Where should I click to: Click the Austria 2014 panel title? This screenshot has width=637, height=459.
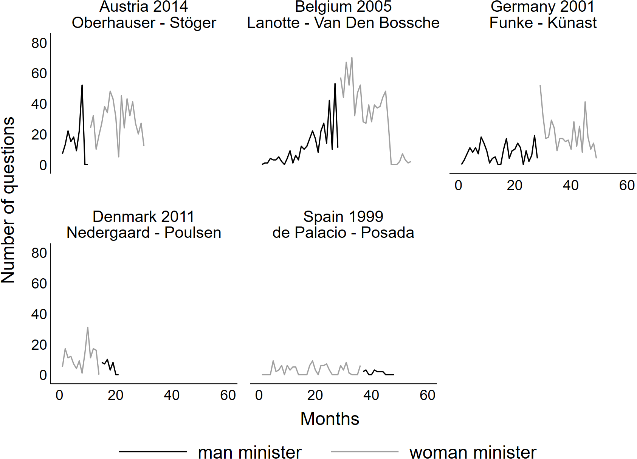[144, 7]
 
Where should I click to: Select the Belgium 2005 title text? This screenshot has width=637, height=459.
[343, 7]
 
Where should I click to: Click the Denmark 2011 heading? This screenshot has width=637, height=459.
[144, 217]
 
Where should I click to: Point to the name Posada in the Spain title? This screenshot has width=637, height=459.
[387, 233]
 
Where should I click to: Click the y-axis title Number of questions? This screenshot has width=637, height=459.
[8, 200]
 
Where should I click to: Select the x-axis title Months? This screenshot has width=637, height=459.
[330, 419]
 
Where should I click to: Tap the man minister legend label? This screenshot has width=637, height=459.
[250, 452]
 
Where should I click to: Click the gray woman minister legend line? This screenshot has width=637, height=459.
[364, 451]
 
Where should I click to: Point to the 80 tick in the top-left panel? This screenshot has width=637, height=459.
[39, 43]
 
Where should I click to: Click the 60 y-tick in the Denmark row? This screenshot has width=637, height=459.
[39, 284]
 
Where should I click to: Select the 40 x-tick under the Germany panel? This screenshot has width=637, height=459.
[570, 186]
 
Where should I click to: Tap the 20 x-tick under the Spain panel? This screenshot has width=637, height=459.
[315, 395]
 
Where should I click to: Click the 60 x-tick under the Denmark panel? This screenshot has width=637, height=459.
[228, 395]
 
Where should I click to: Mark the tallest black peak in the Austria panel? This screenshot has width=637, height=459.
[82, 85]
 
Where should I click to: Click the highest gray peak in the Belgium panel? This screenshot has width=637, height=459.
[352, 58]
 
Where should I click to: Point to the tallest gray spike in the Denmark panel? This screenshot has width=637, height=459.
[88, 327]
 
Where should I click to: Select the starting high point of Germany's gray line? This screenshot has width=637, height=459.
[540, 86]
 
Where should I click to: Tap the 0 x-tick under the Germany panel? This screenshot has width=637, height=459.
[458, 186]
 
